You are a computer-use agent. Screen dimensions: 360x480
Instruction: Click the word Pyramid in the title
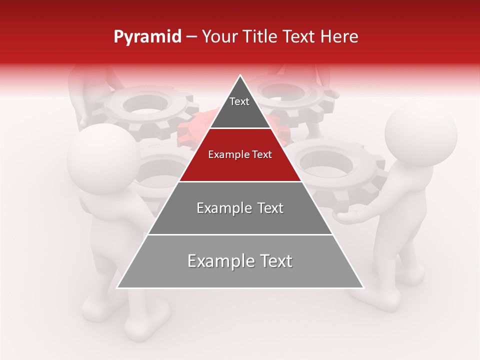pyautogui.click(x=147, y=37)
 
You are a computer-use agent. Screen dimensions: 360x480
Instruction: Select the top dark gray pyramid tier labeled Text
pyautogui.click(x=240, y=107)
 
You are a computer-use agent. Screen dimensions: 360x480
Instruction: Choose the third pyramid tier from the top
pyautogui.click(x=240, y=208)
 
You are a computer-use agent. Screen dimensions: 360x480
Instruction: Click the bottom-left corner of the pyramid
pyautogui.click(x=118, y=287)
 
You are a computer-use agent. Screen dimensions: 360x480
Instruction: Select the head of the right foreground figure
pyautogui.click(x=421, y=136)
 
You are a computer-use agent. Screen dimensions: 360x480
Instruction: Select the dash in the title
pyautogui.click(x=191, y=37)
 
